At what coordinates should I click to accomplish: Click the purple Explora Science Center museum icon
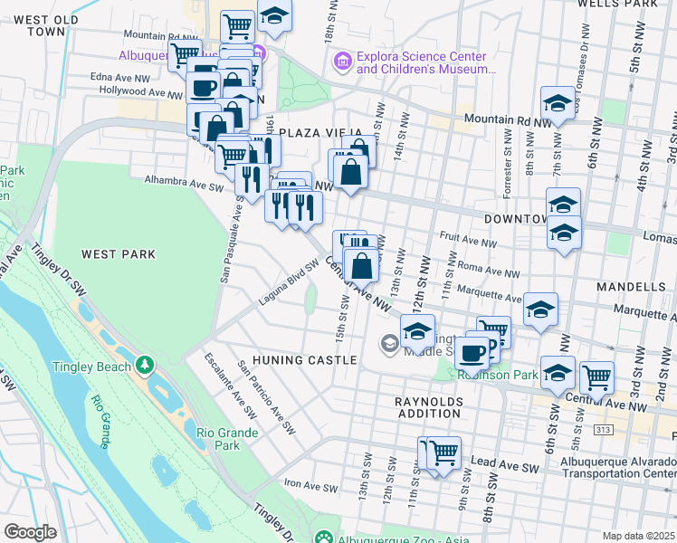(342, 62)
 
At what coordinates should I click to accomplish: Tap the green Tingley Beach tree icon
(144, 365)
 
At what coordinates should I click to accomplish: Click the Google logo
(30, 532)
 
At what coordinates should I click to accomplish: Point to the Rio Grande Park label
(218, 439)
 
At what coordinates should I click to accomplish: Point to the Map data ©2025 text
(638, 536)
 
